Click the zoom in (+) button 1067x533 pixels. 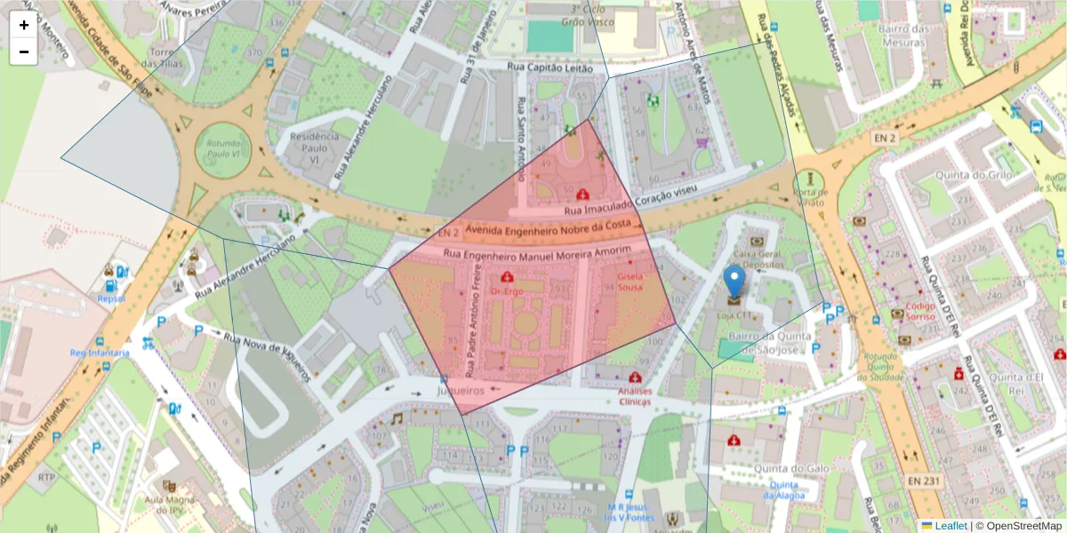pyautogui.click(x=24, y=25)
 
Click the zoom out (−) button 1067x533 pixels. pyautogui.click(x=24, y=52)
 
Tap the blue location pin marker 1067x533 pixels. pyautogui.click(x=734, y=282)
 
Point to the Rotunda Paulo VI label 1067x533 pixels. pyautogui.click(x=223, y=148)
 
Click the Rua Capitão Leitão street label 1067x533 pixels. pyautogui.click(x=550, y=67)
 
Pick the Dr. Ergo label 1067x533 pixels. pyautogui.click(x=506, y=291)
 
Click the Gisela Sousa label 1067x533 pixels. pyautogui.click(x=630, y=282)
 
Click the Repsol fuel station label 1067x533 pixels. pyautogui.click(x=111, y=299)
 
